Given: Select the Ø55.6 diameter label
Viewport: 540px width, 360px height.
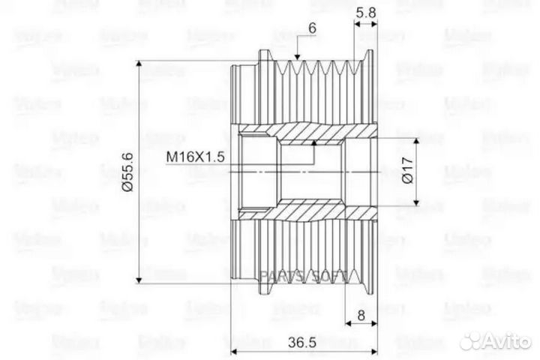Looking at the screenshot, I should tap(127, 171).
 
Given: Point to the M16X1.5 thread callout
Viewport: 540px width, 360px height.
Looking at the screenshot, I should tap(194, 156).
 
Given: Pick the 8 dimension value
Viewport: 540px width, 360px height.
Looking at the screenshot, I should tap(361, 316).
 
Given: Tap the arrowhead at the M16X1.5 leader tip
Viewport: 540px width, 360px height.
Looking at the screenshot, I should tap(313, 141).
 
